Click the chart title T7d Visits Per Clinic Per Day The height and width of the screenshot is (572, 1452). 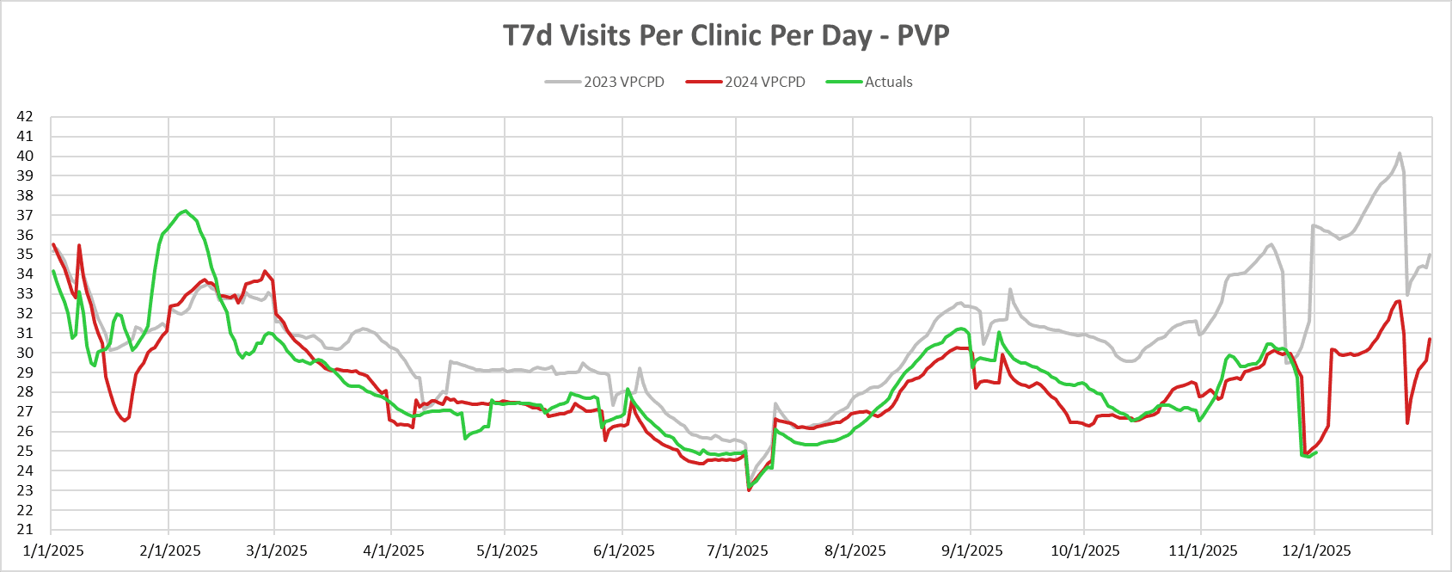(726, 35)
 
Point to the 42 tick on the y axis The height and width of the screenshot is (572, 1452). (25, 116)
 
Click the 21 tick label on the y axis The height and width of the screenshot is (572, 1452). (25, 530)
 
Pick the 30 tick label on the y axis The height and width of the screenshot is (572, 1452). (25, 353)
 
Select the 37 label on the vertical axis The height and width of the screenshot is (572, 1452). (25, 215)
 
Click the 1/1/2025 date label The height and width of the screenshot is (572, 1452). (52, 550)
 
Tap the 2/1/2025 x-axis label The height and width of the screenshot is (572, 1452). (169, 550)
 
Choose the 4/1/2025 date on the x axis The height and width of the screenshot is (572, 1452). (393, 550)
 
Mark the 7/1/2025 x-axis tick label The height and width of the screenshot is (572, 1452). (737, 550)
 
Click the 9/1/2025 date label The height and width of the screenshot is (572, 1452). (971, 550)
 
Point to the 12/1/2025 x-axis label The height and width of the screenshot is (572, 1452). (1315, 550)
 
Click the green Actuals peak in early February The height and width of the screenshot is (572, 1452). (185, 211)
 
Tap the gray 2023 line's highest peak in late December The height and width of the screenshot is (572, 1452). (1400, 154)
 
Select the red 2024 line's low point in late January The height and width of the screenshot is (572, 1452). (125, 421)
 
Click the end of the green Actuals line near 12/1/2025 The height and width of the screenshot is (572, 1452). (1316, 452)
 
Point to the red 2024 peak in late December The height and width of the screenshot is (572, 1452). (1400, 301)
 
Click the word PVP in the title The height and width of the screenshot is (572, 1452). (923, 35)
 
